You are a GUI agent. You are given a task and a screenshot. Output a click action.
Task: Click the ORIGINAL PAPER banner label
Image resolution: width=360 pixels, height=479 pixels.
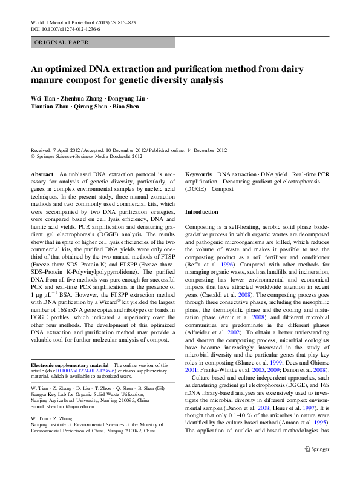tap(62, 43)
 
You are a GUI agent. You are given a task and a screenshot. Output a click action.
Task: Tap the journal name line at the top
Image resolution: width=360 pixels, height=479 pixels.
tap(83, 22)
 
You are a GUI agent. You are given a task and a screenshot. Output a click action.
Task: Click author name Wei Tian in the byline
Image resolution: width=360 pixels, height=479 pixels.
tap(45, 98)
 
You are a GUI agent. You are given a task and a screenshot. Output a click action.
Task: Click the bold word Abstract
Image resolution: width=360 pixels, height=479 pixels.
tap(42, 174)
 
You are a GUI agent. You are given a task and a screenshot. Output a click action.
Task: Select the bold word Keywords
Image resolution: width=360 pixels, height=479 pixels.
tap(198, 174)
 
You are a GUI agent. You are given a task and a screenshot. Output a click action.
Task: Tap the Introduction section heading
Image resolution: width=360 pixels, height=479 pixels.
tap(201, 212)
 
